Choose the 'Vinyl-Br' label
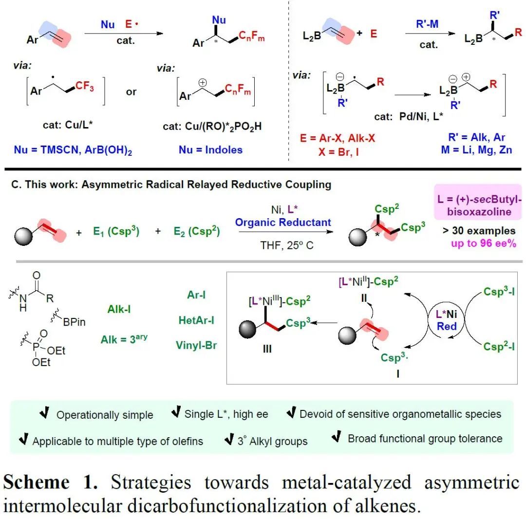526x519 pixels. [196, 345]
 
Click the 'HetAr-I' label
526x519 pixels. [196, 320]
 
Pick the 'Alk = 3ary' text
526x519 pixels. [124, 339]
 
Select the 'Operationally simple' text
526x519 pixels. [105, 415]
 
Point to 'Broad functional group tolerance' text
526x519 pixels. [425, 438]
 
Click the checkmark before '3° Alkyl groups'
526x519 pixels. [229, 440]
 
